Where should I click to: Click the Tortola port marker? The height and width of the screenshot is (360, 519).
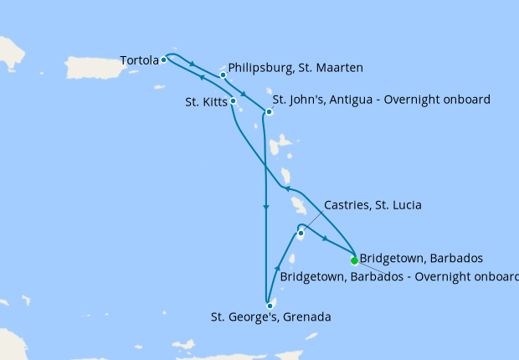click(x=163, y=60)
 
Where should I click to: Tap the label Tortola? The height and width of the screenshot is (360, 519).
click(x=138, y=60)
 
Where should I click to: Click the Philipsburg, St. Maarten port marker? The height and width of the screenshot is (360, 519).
click(x=224, y=75)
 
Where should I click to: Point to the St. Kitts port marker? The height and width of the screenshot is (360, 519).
click(x=234, y=101)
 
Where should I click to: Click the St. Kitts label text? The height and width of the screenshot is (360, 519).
click(x=205, y=103)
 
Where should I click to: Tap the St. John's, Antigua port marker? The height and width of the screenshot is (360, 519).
click(x=269, y=111)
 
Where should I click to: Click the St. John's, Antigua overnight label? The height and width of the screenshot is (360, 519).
click(x=381, y=100)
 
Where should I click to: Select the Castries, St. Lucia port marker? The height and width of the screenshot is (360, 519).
click(x=300, y=233)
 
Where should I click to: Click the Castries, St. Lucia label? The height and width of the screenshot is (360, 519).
click(x=372, y=205)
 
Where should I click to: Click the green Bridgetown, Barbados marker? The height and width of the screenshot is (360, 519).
click(x=354, y=260)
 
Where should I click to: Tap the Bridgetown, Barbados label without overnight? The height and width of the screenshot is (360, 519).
click(x=421, y=258)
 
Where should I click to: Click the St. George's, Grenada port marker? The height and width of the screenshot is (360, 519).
click(x=270, y=306)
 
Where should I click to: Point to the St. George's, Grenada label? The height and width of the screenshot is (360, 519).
click(x=271, y=317)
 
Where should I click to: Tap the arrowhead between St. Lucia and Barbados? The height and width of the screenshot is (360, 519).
click(x=325, y=239)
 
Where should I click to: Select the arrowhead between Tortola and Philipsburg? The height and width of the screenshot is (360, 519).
click(x=193, y=64)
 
